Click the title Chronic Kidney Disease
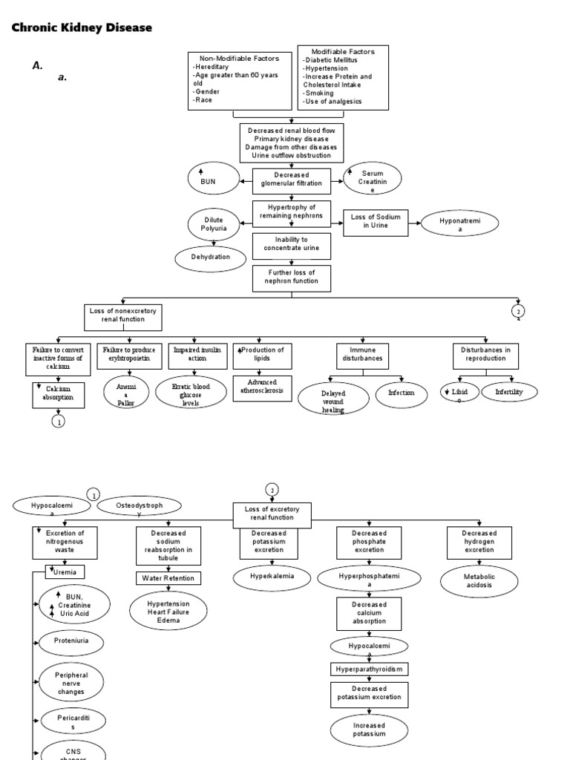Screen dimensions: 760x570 [82, 27]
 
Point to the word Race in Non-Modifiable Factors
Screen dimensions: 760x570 [204, 99]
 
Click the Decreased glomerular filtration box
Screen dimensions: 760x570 [292, 179]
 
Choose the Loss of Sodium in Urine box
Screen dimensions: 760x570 [376, 221]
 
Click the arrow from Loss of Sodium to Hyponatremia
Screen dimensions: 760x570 [414, 221]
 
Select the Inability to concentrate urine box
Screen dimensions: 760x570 [292, 244]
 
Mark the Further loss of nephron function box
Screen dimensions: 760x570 [292, 277]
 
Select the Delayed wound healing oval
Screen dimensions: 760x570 [333, 397]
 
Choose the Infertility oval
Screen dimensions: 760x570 [509, 391]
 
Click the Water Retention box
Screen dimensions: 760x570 [168, 578]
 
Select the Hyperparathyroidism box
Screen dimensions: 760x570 [370, 669]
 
